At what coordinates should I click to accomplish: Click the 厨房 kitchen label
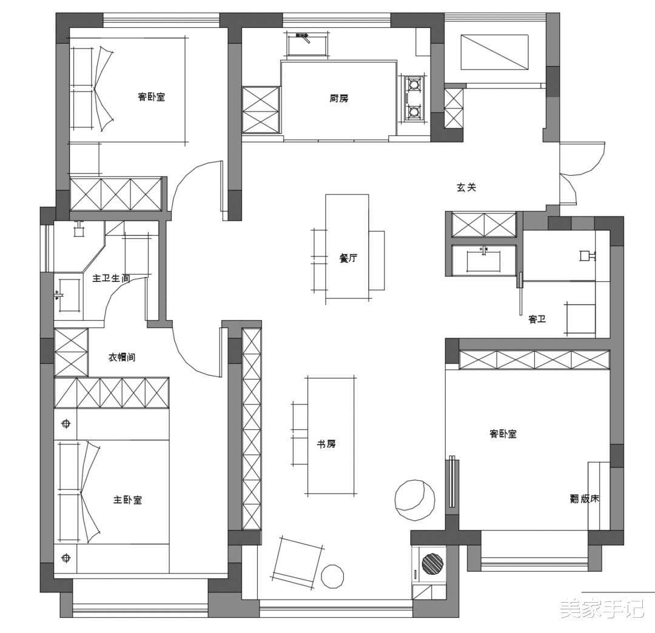pos(339,99)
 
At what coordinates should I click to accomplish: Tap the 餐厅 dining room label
pos(348,258)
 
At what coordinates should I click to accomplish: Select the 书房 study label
pos(326,444)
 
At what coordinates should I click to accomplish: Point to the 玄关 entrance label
pos(466,187)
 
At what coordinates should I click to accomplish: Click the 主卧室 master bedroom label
pos(128,500)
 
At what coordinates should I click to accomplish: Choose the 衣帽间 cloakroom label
pos(122,357)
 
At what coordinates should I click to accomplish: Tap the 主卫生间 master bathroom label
pos(111,278)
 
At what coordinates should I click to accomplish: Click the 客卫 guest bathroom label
pos(537,320)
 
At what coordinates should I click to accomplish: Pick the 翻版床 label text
pos(585,498)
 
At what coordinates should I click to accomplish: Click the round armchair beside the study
pos(415,500)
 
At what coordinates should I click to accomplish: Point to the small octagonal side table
pos(332,577)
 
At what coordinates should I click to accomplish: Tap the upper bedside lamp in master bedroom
pos(65,424)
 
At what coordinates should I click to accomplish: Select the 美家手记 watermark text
pos(602,608)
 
